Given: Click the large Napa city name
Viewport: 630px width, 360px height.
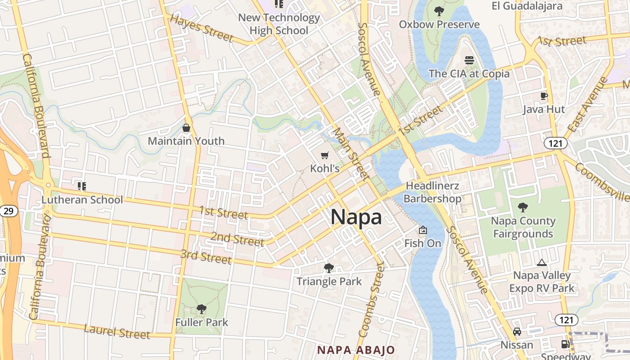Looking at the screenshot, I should (x=356, y=217).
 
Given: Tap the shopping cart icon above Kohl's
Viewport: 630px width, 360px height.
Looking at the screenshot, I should (x=324, y=156).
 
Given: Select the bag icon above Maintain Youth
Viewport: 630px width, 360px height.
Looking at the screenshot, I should (x=186, y=128).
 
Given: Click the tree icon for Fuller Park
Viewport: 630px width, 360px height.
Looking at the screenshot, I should (x=202, y=309).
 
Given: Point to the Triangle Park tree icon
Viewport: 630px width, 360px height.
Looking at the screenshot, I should (x=329, y=268).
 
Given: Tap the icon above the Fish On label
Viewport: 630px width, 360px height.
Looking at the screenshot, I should (x=423, y=230).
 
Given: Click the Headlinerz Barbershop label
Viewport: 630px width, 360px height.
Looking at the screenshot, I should (x=432, y=192).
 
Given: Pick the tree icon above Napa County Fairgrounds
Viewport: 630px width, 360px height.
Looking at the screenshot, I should (x=522, y=207).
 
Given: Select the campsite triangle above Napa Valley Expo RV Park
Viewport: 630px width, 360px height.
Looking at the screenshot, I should (x=542, y=262).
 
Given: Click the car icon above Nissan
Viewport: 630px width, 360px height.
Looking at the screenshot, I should (x=517, y=332).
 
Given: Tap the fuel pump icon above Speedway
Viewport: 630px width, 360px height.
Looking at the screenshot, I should (x=565, y=344).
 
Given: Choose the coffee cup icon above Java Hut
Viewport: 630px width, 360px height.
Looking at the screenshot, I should (x=544, y=96).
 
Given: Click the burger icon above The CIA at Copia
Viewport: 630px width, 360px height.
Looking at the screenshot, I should (x=469, y=60).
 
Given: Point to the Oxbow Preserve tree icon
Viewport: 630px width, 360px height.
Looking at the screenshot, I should (x=439, y=11).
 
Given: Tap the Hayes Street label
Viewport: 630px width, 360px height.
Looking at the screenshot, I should (x=202, y=28).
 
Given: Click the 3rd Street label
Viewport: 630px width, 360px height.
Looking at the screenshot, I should (x=206, y=256).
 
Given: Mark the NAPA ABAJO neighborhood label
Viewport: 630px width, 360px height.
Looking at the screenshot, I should (x=356, y=350).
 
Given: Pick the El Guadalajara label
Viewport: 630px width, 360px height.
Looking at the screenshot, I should (x=527, y=6).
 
